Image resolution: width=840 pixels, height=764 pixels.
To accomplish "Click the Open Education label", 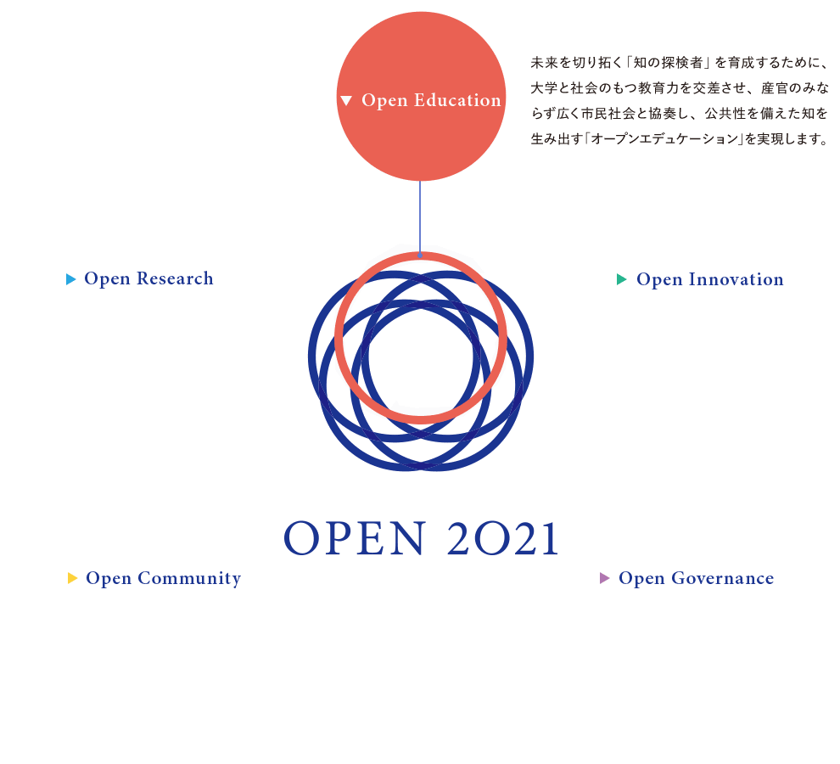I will coord(431,100).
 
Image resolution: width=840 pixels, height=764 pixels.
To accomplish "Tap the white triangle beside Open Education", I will coord(345,101).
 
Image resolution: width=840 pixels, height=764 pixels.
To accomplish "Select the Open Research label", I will coord(148,278).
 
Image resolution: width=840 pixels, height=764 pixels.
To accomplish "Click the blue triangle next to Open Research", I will coord(71,279).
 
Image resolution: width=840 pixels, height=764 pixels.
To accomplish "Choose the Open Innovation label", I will coord(709,279).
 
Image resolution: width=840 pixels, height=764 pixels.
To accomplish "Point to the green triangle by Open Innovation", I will coord(622,279).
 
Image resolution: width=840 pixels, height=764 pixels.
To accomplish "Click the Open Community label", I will coord(163,578).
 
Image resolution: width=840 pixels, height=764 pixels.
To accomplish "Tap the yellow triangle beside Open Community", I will coord(73,578).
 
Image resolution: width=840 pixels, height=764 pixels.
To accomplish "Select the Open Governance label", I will coord(696,578).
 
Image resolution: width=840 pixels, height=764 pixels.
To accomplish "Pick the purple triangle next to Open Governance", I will coord(605,578).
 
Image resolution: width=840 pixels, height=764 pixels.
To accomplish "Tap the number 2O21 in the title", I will coord(501,538).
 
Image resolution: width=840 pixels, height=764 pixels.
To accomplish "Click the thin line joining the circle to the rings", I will coord(420,216).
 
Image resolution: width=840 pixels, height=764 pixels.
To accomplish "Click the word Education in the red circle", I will coord(457,100).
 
